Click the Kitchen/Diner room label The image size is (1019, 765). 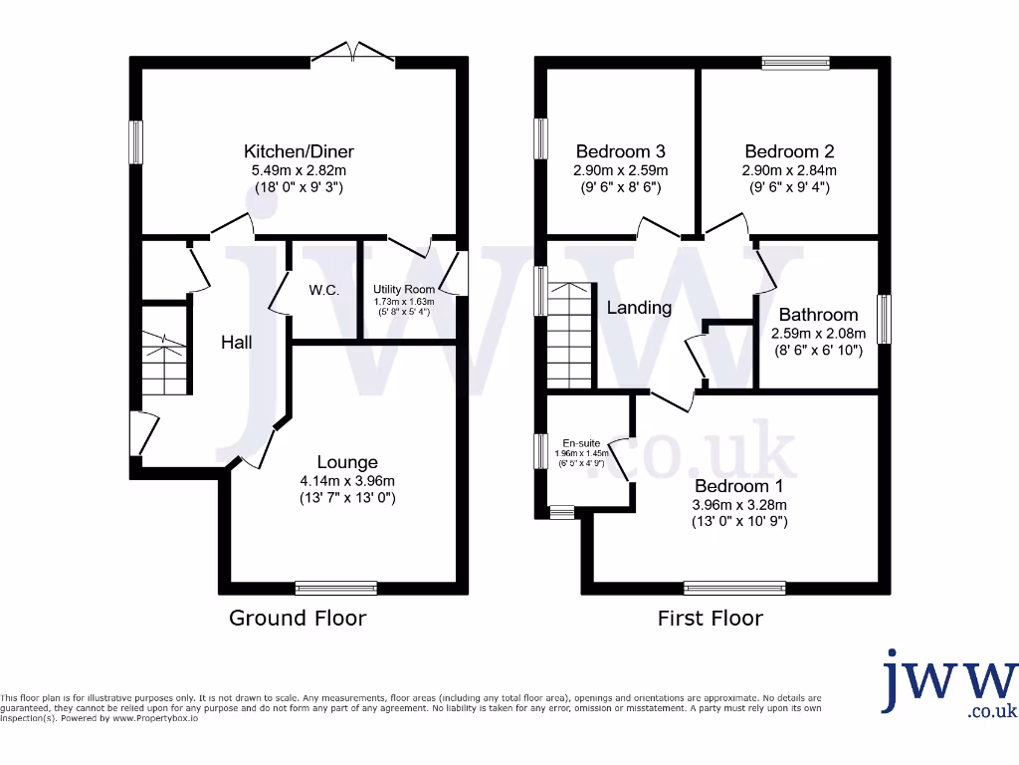(x=299, y=151)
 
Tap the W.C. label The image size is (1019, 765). (x=323, y=290)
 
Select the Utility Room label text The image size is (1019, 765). (x=404, y=289)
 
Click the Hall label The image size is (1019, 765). (x=236, y=342)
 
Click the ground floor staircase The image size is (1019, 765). (x=164, y=363)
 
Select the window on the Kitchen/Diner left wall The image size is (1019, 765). (x=135, y=142)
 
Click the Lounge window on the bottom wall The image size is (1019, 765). (x=336, y=588)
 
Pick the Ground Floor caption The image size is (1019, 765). (x=298, y=618)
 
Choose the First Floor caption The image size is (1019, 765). (x=710, y=618)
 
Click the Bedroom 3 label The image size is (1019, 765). (x=620, y=151)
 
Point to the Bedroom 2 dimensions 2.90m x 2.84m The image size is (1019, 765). (x=790, y=169)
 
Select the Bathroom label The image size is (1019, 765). (x=818, y=314)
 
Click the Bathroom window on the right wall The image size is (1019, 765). (x=884, y=319)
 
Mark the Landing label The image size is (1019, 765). (x=639, y=307)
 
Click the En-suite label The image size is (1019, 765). (x=581, y=442)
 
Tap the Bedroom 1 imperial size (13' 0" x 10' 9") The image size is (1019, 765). (x=739, y=520)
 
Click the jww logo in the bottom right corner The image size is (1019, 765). (x=949, y=682)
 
